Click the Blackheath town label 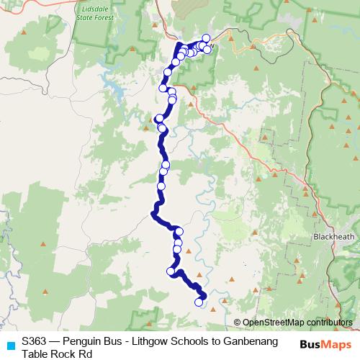332,236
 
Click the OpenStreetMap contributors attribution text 297,322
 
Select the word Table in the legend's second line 35,354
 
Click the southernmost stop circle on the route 199,302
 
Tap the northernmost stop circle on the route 206,37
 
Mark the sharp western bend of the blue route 153,212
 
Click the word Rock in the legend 64,354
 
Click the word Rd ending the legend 86,354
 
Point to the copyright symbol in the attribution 238,322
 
